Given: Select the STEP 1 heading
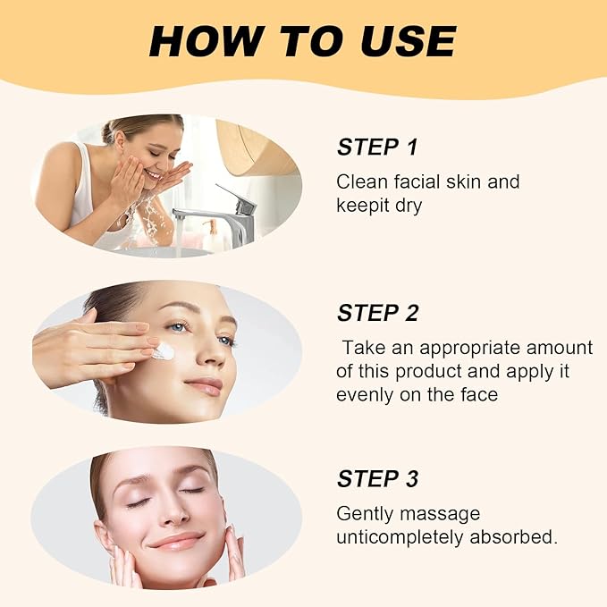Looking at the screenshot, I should click(x=377, y=148).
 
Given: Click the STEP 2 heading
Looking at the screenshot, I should click(x=377, y=313).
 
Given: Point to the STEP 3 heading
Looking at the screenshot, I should click(x=377, y=479).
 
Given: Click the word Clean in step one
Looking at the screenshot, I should click(x=360, y=181).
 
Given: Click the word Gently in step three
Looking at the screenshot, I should click(x=363, y=514).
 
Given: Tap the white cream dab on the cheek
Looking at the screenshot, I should click(x=163, y=351).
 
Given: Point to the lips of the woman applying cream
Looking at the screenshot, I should click(x=205, y=385).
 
